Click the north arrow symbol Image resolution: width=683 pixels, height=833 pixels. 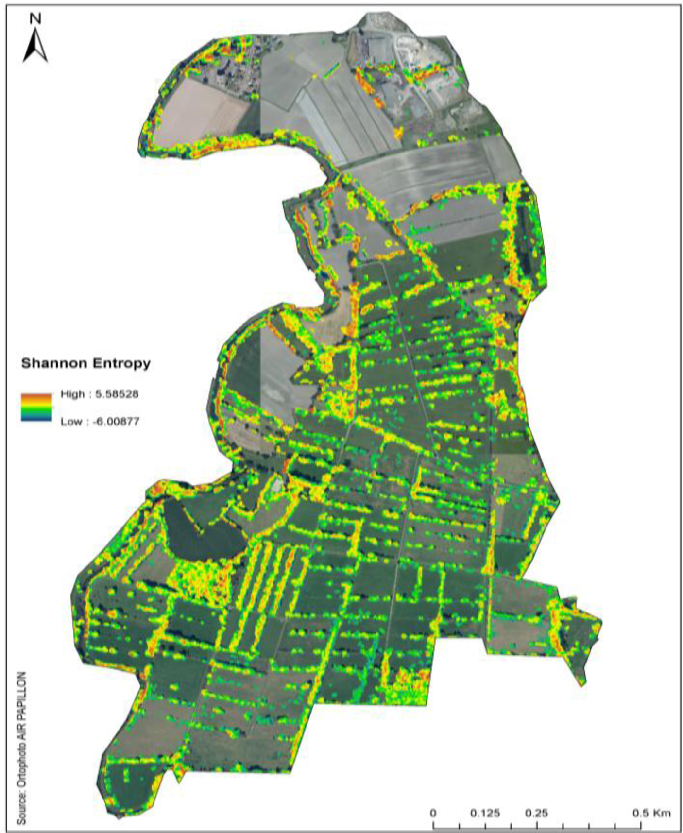pos(35,48)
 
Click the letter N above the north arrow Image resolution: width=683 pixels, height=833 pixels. pos(35,19)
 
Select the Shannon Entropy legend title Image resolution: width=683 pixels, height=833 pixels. pos(86,363)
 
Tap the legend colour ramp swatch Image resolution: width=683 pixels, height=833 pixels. pos(36,407)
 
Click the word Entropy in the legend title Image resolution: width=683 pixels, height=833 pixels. pos(120,363)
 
